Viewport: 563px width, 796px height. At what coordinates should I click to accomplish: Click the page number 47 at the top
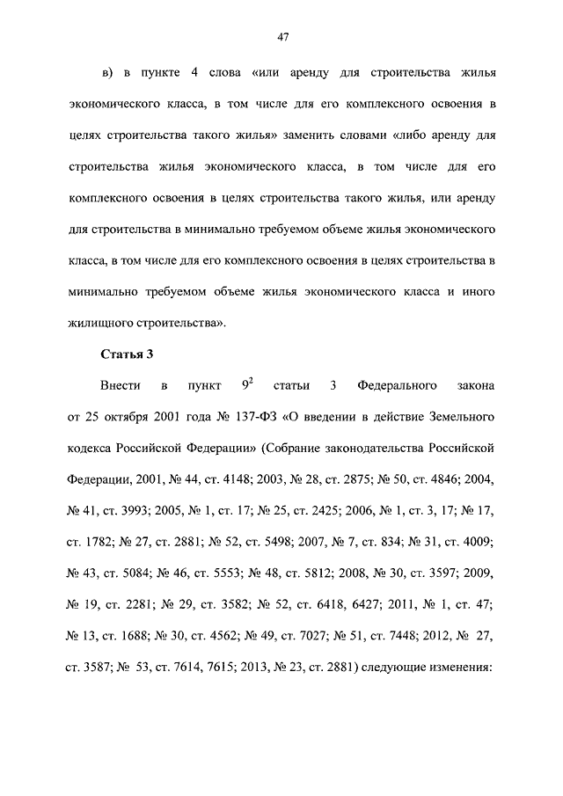[281, 37]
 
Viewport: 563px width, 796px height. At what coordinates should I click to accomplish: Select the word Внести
[120, 386]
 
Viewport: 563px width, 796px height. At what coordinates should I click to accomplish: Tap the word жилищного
[98, 323]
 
